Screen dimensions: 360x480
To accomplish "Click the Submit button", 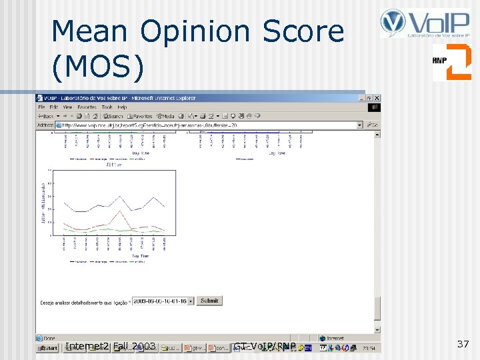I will (209, 301).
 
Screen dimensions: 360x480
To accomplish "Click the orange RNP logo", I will (451, 62).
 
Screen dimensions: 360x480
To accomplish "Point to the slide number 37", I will (463, 344).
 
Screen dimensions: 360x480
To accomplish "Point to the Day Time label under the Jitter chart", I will (140, 255).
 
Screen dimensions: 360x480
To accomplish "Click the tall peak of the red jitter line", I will (119, 211).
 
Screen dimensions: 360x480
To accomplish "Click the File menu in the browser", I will (41, 107).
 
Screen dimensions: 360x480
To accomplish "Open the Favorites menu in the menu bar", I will (87, 107).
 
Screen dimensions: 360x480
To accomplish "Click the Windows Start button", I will (47, 347).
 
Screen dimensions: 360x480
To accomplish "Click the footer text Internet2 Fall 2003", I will (111, 346).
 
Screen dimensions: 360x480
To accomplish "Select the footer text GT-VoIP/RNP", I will (265, 346).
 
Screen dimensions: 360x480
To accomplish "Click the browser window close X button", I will (377, 98).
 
